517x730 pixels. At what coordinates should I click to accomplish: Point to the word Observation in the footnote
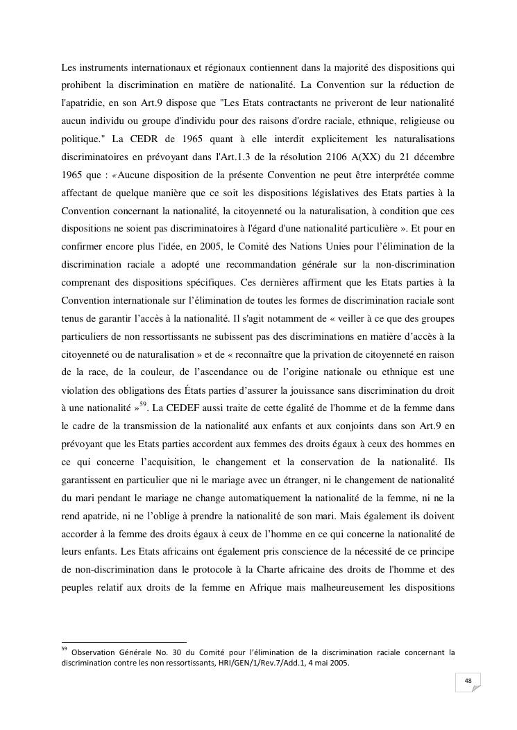(95, 652)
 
